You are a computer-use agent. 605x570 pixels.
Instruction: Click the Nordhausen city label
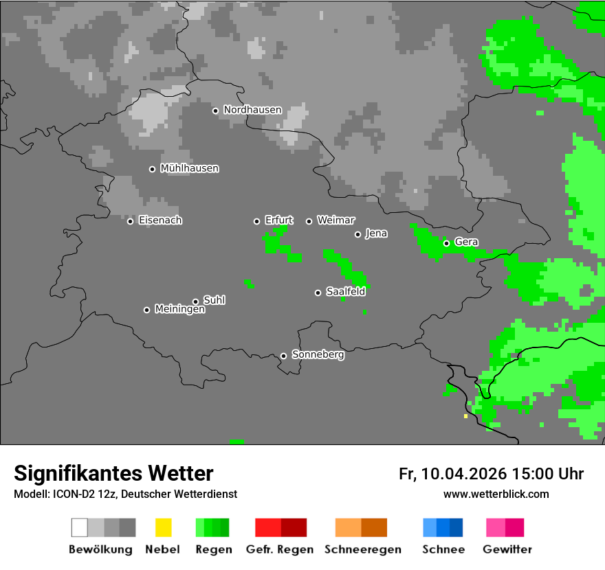point(252,110)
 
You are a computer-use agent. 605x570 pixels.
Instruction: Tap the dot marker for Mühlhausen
point(152,169)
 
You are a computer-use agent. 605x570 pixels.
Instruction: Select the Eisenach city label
point(160,220)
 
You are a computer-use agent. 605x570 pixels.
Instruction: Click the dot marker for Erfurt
point(256,221)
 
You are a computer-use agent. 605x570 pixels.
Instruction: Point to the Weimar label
point(335,220)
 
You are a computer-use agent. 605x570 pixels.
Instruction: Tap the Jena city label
point(376,233)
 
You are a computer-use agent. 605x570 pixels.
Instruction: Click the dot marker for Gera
point(446,243)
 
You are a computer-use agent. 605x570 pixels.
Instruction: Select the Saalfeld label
point(345,292)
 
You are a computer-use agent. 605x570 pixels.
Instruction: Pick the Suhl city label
point(214,300)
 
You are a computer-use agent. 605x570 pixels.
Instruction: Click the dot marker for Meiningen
point(146,310)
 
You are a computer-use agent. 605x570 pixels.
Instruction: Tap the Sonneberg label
point(318,355)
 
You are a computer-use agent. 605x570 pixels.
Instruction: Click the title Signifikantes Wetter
point(113,473)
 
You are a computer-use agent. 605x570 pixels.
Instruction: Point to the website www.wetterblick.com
point(496,494)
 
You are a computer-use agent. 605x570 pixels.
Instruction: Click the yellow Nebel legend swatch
point(163,527)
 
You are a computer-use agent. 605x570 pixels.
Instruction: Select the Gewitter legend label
point(507,549)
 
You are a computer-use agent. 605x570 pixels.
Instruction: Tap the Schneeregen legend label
point(362,549)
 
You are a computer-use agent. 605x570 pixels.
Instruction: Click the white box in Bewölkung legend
point(80,527)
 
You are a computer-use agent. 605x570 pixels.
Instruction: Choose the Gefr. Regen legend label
point(280,549)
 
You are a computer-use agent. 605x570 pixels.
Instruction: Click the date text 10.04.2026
point(464,474)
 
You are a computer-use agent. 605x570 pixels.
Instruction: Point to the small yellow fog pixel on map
point(465,416)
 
